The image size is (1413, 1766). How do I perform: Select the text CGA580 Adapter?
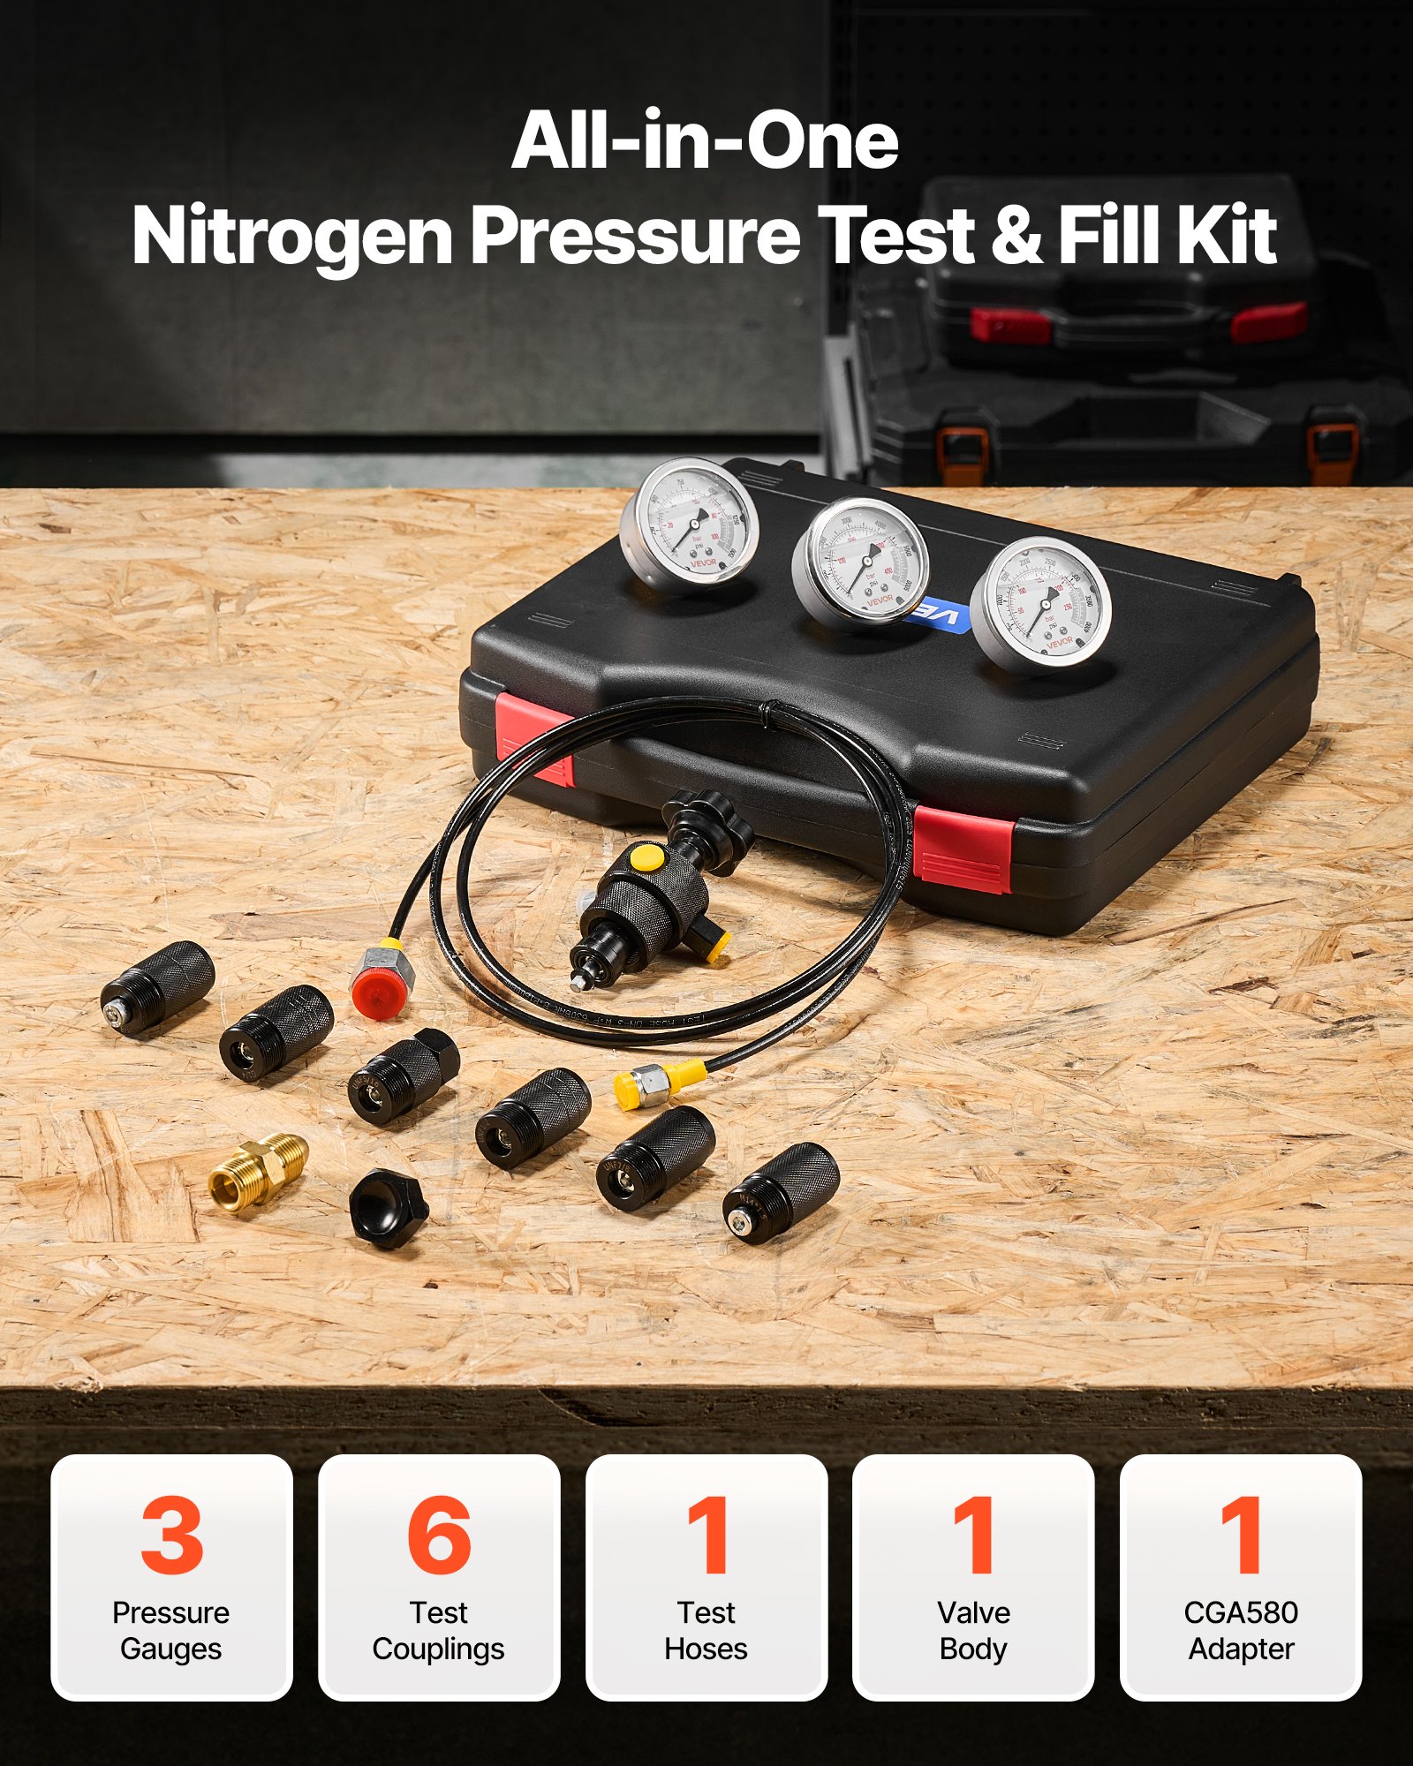pos(1240,1630)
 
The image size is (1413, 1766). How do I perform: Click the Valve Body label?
pos(973,1630)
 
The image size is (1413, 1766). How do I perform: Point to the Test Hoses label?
pos(706,1630)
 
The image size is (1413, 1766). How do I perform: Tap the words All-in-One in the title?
pos(705,141)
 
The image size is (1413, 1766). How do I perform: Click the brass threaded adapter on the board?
pos(259,1172)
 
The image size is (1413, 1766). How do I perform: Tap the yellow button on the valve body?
pos(646,857)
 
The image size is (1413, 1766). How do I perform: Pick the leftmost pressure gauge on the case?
pos(690,523)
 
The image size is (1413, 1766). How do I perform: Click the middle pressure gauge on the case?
pos(862,562)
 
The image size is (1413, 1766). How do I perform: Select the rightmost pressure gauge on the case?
pos(1040,604)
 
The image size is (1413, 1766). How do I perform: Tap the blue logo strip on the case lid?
pos(938,613)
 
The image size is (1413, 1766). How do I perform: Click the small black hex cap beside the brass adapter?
pos(388,1207)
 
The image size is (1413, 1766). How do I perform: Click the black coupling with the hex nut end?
pos(404,1076)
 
